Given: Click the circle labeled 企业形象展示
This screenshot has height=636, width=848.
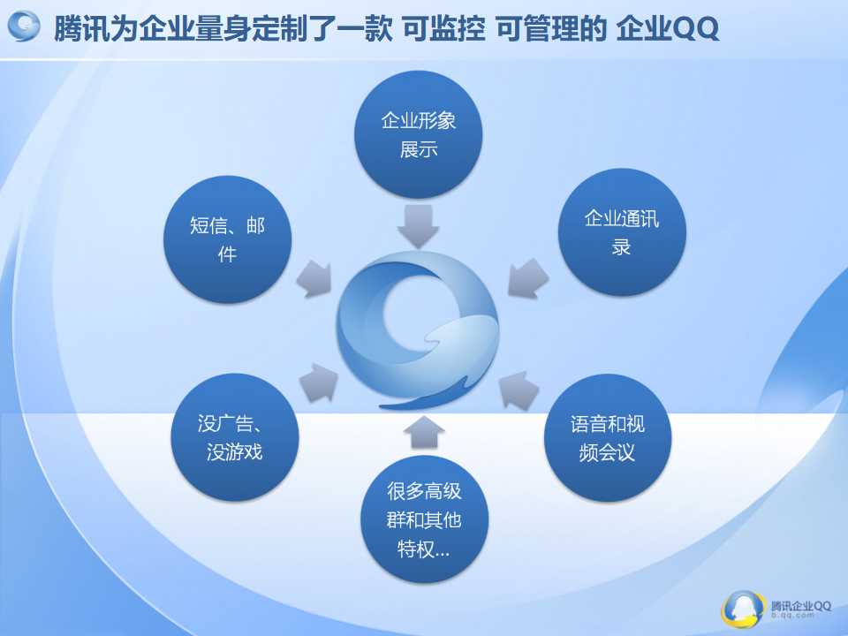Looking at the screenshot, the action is pos(418,134).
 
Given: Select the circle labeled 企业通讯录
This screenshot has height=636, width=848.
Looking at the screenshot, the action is pos(622,232).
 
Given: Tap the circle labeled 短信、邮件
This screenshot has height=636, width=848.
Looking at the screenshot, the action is pos(227,239).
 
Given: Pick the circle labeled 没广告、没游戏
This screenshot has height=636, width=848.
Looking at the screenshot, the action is pos(235,437).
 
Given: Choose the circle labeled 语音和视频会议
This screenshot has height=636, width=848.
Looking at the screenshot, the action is pos(608,437).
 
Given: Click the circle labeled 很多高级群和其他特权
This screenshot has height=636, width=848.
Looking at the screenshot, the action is pos(425,519).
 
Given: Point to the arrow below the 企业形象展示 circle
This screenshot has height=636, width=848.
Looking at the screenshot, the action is pos(418,226).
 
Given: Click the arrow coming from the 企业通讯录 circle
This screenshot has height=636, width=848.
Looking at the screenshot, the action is pos(528,278).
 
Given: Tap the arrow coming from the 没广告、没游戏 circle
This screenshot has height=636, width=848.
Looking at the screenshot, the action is pos(319,382).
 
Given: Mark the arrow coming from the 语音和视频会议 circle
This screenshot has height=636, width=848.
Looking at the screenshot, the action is pos(519,390).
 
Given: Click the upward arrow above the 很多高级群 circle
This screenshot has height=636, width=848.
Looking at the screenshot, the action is pos(424,432).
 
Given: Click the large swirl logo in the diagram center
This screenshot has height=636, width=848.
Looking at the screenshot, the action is pos(418,330).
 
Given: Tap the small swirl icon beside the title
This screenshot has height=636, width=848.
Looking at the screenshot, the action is pos(24,26).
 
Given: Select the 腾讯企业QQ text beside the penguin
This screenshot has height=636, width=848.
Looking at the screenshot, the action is pos(801,606).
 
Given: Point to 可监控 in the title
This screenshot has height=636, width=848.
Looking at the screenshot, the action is pos(443,28).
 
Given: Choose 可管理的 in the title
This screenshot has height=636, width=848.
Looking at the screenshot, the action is pos(551,28).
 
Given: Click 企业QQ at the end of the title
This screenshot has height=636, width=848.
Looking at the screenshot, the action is pos(668,28).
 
